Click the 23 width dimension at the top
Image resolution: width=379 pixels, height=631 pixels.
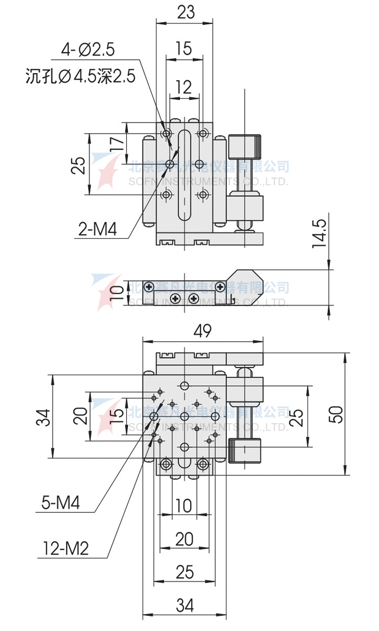pyautogui.click(x=185, y=12)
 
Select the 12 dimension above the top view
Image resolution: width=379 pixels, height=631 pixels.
pyautogui.click(x=184, y=87)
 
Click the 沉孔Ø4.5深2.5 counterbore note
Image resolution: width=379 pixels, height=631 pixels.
pyautogui.click(x=80, y=77)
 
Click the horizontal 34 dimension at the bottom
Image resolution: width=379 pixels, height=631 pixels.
pyautogui.click(x=185, y=605)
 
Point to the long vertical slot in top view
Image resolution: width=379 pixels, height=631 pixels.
pyautogui.click(x=185, y=175)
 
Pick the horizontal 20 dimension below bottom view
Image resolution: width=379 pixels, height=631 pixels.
pyautogui.click(x=184, y=539)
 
